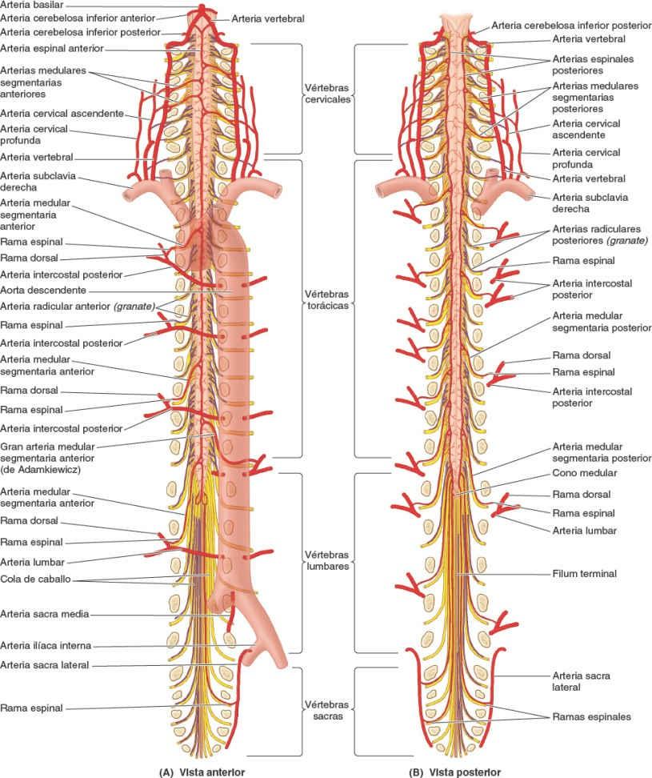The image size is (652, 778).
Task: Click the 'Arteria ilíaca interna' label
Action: pyautogui.click(x=46, y=644)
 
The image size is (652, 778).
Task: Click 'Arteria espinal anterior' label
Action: pyautogui.click(x=51, y=48)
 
